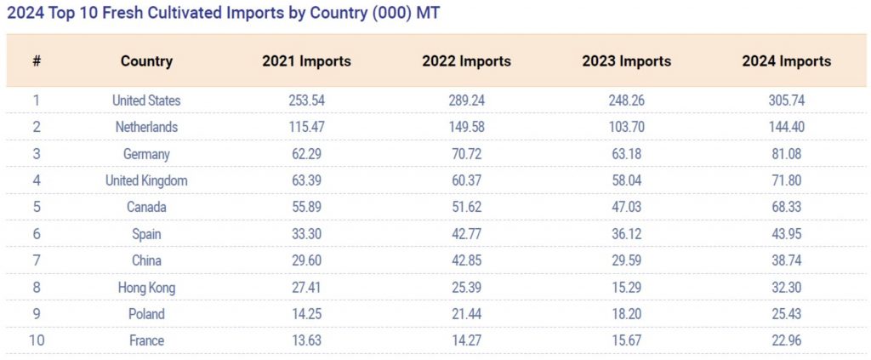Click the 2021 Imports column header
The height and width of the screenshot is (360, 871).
point(306,61)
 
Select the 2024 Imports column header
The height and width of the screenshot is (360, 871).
point(786,61)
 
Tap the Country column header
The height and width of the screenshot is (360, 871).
point(146,61)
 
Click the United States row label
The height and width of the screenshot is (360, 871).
point(146,100)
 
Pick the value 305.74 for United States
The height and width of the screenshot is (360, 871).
point(786,100)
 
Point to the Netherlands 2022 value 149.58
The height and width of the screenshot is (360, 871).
point(466,128)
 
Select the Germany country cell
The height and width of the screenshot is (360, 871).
point(146,154)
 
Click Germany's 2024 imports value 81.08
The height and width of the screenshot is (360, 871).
point(786,154)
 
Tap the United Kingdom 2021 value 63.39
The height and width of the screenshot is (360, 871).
point(306,181)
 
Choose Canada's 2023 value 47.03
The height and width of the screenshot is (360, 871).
point(626,208)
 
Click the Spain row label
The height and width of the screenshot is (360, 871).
point(146,234)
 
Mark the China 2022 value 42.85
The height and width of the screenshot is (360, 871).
point(466,261)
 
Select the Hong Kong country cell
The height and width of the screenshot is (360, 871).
point(146,288)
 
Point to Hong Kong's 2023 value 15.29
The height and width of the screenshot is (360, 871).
point(626,288)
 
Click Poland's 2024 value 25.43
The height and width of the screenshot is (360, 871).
point(786,314)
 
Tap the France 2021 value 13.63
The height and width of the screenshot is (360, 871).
point(306,340)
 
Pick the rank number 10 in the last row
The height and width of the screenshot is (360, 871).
point(37,340)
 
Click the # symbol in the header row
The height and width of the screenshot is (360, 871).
point(37,61)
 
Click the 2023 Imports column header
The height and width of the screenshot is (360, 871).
point(626,61)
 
